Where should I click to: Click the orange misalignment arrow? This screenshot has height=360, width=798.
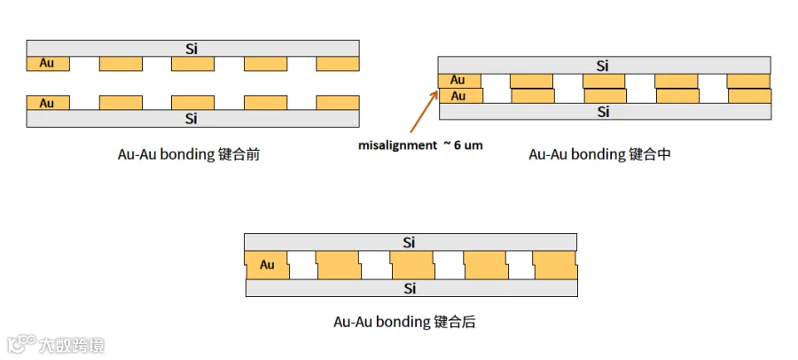click(424, 112)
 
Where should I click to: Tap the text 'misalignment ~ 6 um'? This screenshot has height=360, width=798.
click(420, 145)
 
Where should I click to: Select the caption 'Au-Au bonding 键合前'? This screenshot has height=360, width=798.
click(189, 154)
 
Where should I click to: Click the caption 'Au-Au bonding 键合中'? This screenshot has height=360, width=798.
click(599, 154)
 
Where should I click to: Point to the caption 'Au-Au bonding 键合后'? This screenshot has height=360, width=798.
click(404, 322)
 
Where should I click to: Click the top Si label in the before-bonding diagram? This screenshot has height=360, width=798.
click(191, 49)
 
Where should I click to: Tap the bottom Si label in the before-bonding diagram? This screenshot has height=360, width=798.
click(191, 119)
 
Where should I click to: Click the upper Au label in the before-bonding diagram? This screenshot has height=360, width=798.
click(47, 64)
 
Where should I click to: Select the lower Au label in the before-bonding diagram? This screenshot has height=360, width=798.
click(47, 104)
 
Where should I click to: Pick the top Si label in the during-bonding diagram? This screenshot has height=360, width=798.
click(603, 66)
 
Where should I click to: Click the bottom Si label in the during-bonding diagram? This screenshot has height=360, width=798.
click(603, 112)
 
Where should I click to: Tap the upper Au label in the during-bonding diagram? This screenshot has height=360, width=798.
click(458, 81)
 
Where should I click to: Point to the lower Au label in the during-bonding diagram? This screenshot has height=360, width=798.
click(458, 96)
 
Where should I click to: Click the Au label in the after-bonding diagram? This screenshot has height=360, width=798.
click(267, 265)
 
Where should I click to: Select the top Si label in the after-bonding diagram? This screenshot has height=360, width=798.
click(410, 243)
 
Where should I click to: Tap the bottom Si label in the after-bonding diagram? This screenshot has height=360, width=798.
click(410, 289)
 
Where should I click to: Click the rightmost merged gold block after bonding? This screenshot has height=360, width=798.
click(555, 265)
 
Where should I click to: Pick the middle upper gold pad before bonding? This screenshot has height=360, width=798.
click(193, 64)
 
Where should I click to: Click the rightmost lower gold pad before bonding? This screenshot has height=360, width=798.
click(338, 103)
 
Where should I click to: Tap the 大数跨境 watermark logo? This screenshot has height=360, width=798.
click(56, 345)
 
